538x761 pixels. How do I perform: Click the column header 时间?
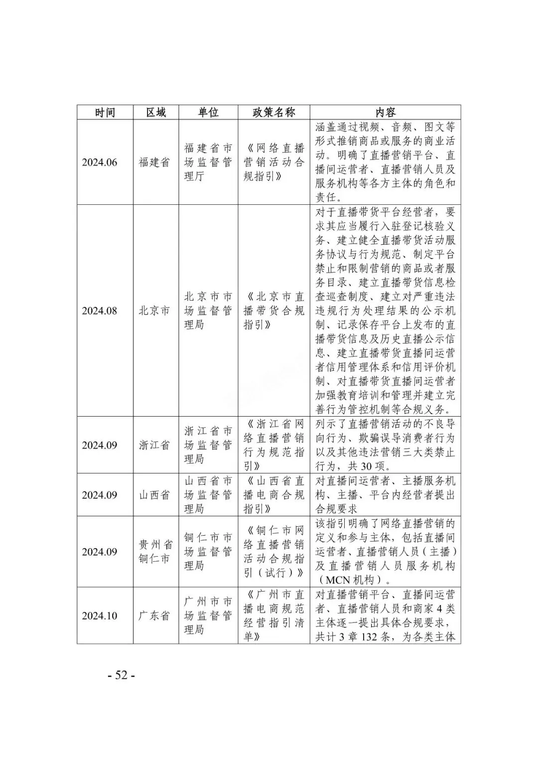click(105, 112)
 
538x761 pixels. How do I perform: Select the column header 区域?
click(155, 112)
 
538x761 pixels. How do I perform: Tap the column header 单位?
click(208, 112)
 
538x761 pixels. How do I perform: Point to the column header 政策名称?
click(273, 112)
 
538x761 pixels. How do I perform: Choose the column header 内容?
click(385, 112)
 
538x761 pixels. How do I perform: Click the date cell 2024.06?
click(100, 162)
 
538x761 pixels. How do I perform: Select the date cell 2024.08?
click(100, 311)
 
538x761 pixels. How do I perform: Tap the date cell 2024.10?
click(100, 616)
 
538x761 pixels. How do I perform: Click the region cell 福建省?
click(154, 162)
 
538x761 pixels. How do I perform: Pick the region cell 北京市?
click(154, 311)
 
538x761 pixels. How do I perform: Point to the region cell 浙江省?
click(154, 445)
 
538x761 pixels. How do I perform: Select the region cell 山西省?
click(154, 495)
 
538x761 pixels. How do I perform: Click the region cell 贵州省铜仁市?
click(154, 552)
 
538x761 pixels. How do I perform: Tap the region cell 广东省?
click(154, 616)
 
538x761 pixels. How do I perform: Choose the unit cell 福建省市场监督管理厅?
click(208, 162)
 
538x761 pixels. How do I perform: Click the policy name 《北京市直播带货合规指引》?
click(273, 311)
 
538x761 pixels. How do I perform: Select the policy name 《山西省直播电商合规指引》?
click(273, 495)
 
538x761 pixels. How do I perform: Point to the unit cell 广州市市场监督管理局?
click(208, 616)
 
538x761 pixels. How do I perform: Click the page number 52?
click(122, 675)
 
